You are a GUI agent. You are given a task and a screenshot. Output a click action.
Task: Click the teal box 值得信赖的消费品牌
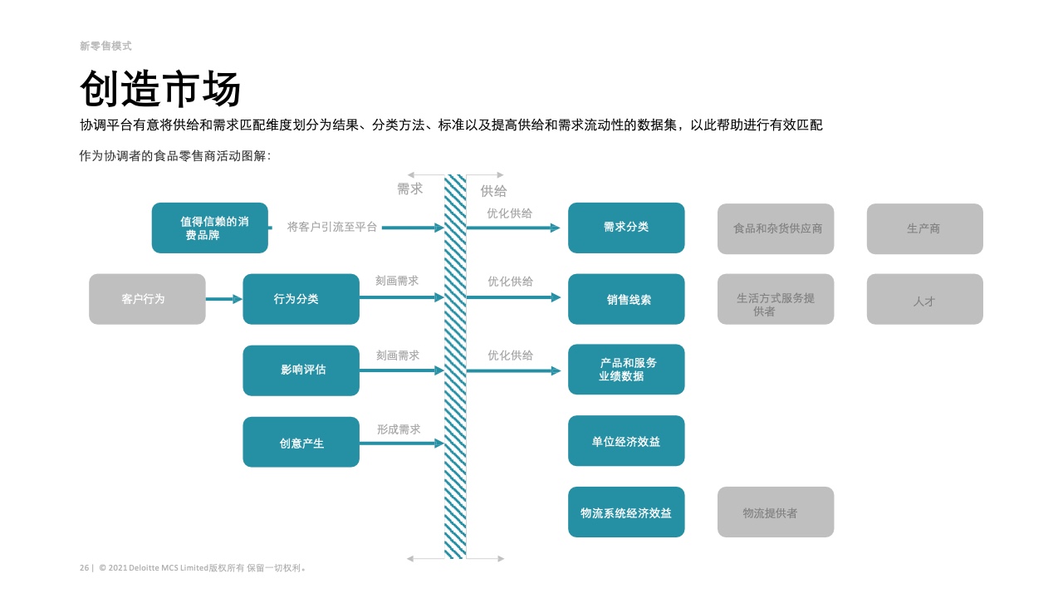(x=210, y=228)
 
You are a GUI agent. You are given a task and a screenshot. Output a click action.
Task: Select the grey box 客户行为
(x=147, y=299)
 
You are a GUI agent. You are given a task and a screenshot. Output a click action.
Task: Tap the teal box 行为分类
(x=301, y=299)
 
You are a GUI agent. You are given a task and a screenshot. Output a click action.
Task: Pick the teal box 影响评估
(x=301, y=370)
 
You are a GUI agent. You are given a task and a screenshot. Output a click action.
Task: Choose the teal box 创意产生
(x=301, y=442)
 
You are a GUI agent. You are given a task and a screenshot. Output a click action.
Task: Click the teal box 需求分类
(x=626, y=228)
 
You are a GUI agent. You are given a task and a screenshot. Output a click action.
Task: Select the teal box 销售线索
(x=626, y=299)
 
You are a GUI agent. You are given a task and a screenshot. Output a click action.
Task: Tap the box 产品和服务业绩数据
(x=626, y=370)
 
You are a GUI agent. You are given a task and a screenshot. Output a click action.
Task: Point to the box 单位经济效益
(x=626, y=440)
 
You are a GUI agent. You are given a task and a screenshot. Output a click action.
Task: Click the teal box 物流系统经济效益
(x=626, y=512)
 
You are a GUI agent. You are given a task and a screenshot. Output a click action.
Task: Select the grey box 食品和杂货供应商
(x=776, y=228)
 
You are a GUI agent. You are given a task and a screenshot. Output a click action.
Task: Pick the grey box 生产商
(x=925, y=228)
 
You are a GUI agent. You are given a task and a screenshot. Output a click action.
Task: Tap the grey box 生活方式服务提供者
(x=776, y=299)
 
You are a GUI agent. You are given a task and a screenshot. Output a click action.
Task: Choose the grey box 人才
(x=925, y=299)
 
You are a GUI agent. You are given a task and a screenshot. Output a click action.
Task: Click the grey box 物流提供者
(x=776, y=512)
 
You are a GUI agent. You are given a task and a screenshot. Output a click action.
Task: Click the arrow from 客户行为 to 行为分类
(x=224, y=299)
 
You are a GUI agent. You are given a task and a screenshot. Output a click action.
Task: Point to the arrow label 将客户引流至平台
(x=331, y=227)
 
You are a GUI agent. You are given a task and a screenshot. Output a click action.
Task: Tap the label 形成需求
(x=399, y=429)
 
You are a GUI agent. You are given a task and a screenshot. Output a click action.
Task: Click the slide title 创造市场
(x=160, y=89)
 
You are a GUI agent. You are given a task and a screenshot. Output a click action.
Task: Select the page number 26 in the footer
(x=84, y=567)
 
